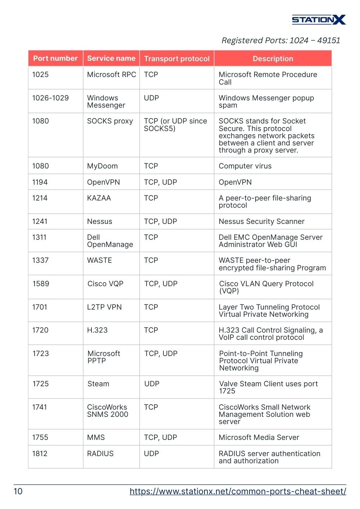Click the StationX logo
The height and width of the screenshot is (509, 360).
tap(319, 19)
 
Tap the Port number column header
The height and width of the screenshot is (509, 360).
tap(55, 58)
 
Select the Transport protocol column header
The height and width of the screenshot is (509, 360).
tap(177, 59)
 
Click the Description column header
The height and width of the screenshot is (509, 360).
tap(273, 59)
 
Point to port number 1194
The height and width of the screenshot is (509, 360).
tap(40, 182)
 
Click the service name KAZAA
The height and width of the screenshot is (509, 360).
tap(99, 198)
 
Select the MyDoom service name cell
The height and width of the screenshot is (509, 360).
tap(102, 166)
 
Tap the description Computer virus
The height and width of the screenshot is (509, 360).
tap(245, 166)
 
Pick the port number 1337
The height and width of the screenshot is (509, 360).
tap(40, 260)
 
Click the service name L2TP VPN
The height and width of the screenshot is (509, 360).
tap(104, 307)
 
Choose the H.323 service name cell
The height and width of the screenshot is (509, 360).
tap(97, 330)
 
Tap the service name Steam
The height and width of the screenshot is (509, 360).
tap(98, 384)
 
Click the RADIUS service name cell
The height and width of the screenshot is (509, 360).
tap(100, 454)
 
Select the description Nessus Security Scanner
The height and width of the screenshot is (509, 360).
tap(262, 221)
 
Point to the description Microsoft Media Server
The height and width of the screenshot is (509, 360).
tap(259, 437)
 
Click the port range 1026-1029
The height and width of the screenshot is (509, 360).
tap(50, 98)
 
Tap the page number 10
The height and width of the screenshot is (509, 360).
tap(18, 491)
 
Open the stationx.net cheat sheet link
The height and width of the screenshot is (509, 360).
tap(238, 491)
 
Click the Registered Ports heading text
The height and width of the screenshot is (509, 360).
tap(281, 40)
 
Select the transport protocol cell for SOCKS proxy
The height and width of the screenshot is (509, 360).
tap(176, 125)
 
